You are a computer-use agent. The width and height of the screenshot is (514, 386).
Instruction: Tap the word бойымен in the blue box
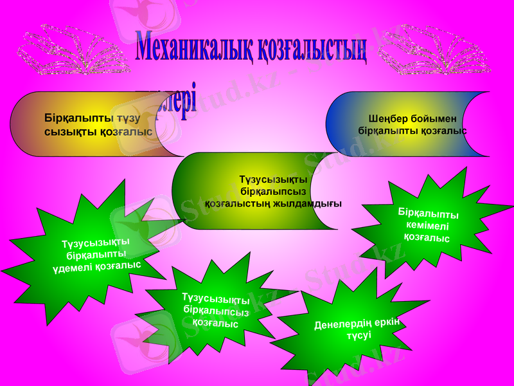(435, 118)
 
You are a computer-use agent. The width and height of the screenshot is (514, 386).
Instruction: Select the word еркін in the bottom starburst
(387, 320)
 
